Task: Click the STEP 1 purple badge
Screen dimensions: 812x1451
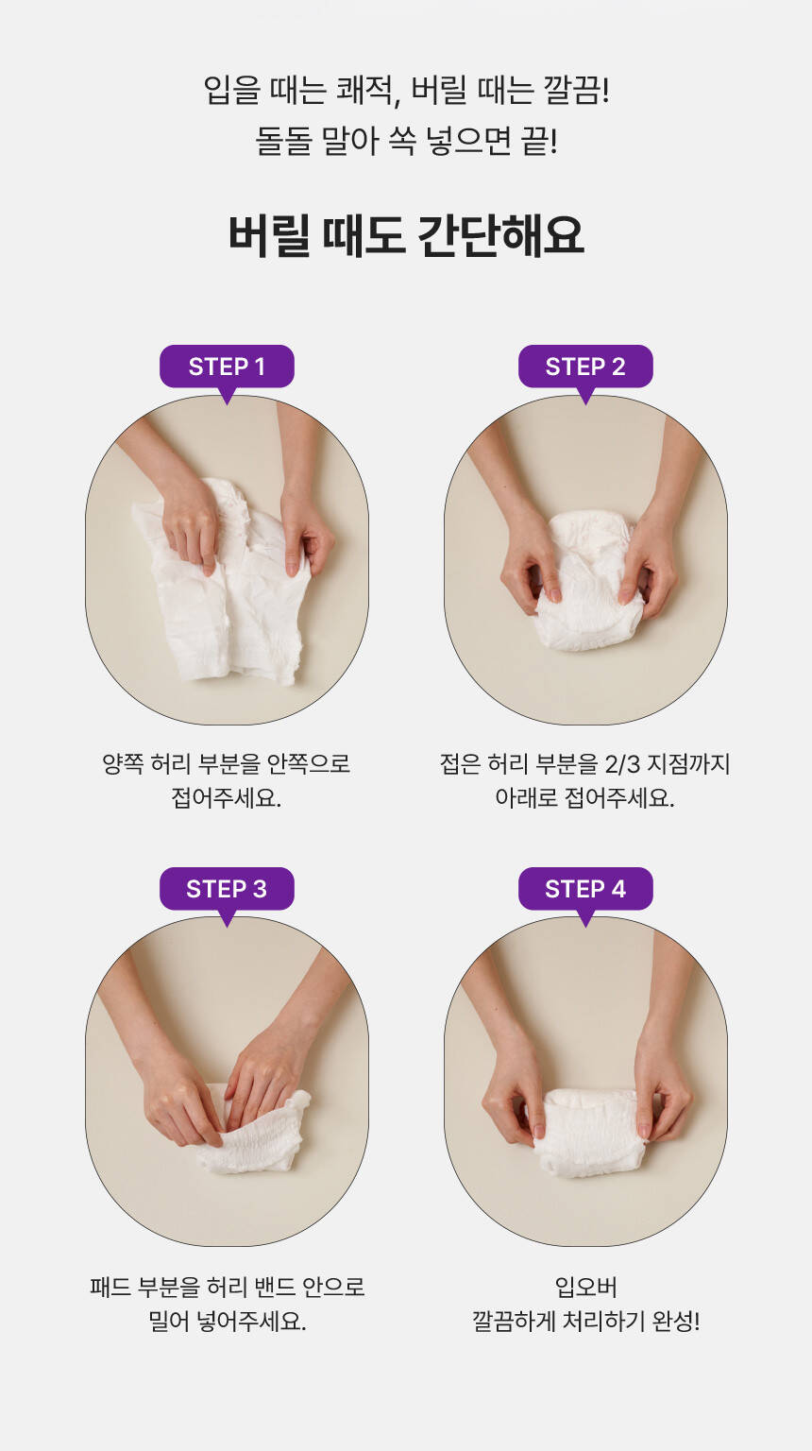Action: click(x=227, y=367)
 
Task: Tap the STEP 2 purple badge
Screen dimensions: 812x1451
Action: click(x=585, y=367)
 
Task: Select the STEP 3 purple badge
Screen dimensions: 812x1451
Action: click(x=227, y=889)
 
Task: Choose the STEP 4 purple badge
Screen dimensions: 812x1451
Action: click(x=585, y=889)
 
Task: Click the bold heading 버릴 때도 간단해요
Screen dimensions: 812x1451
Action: click(x=406, y=235)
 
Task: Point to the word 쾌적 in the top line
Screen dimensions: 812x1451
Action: click(x=364, y=90)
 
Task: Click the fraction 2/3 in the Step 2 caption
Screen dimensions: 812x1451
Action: click(x=622, y=764)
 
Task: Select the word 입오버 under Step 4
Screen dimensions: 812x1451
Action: click(x=585, y=1287)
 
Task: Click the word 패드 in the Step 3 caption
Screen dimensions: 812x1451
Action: click(x=110, y=1287)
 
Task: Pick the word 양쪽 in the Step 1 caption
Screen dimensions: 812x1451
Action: click(x=123, y=763)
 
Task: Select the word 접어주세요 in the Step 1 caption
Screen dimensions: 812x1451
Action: click(x=226, y=797)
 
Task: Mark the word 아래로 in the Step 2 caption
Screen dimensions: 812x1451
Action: click(x=526, y=797)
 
